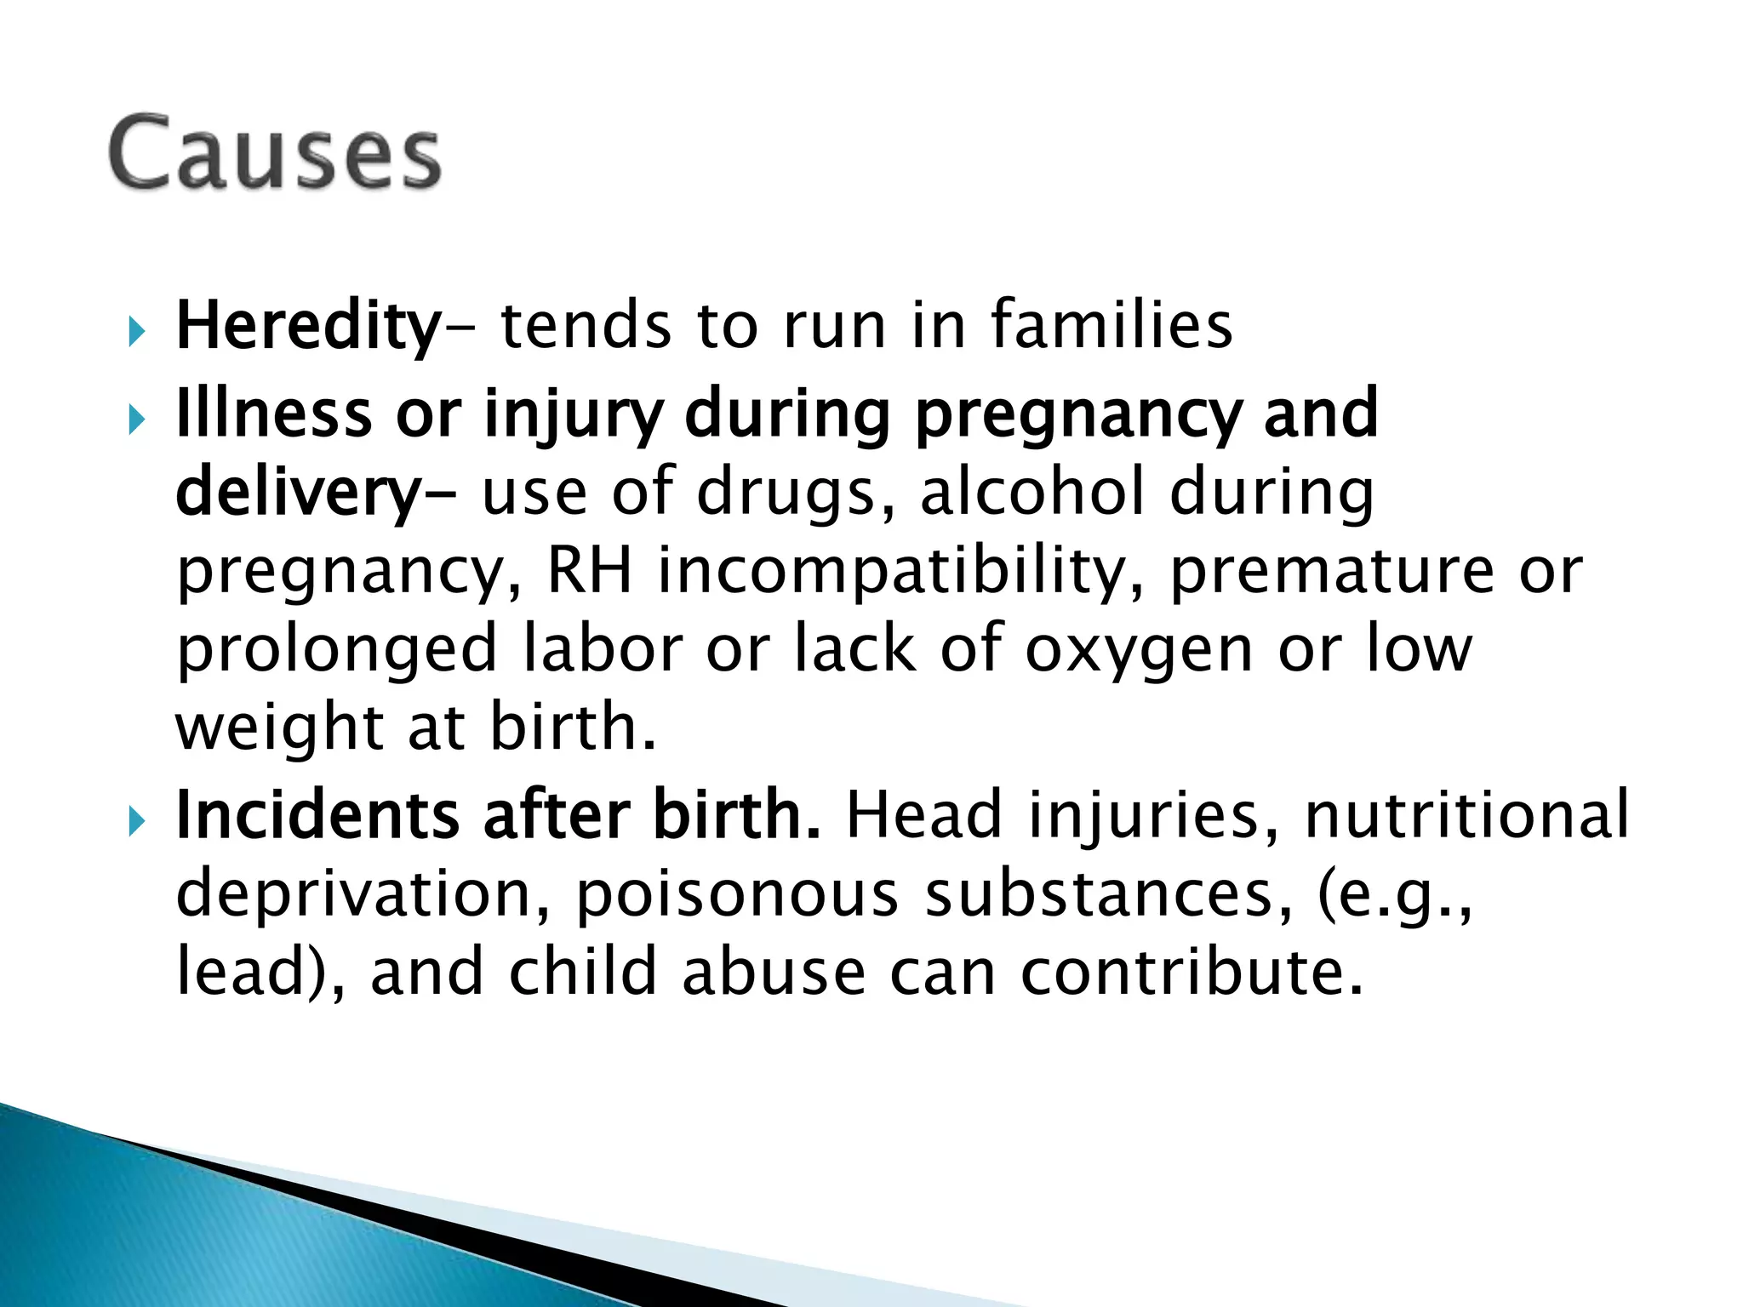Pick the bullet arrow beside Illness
coord(136,419)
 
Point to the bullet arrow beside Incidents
coord(136,822)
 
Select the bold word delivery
coord(298,494)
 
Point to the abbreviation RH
coord(589,571)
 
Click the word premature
coord(1332,571)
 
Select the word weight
coord(280,730)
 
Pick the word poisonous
coord(736,895)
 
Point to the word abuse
coord(773,972)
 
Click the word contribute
coord(1192,972)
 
